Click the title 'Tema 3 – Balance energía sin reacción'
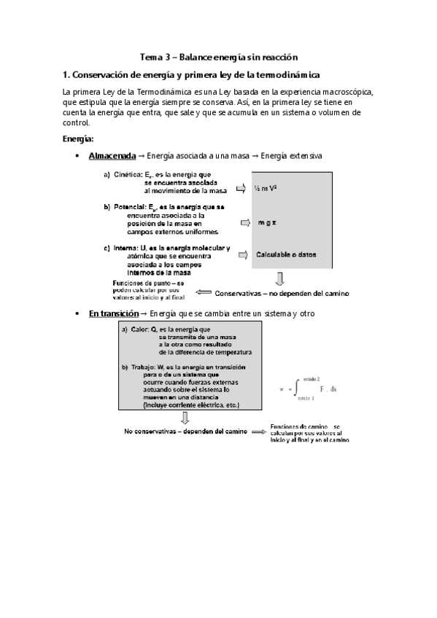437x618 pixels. [219, 56]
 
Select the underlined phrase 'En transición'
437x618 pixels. [112, 313]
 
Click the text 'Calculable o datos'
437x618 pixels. [286, 254]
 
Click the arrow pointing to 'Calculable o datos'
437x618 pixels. [241, 254]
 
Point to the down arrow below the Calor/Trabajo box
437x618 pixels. [185, 418]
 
